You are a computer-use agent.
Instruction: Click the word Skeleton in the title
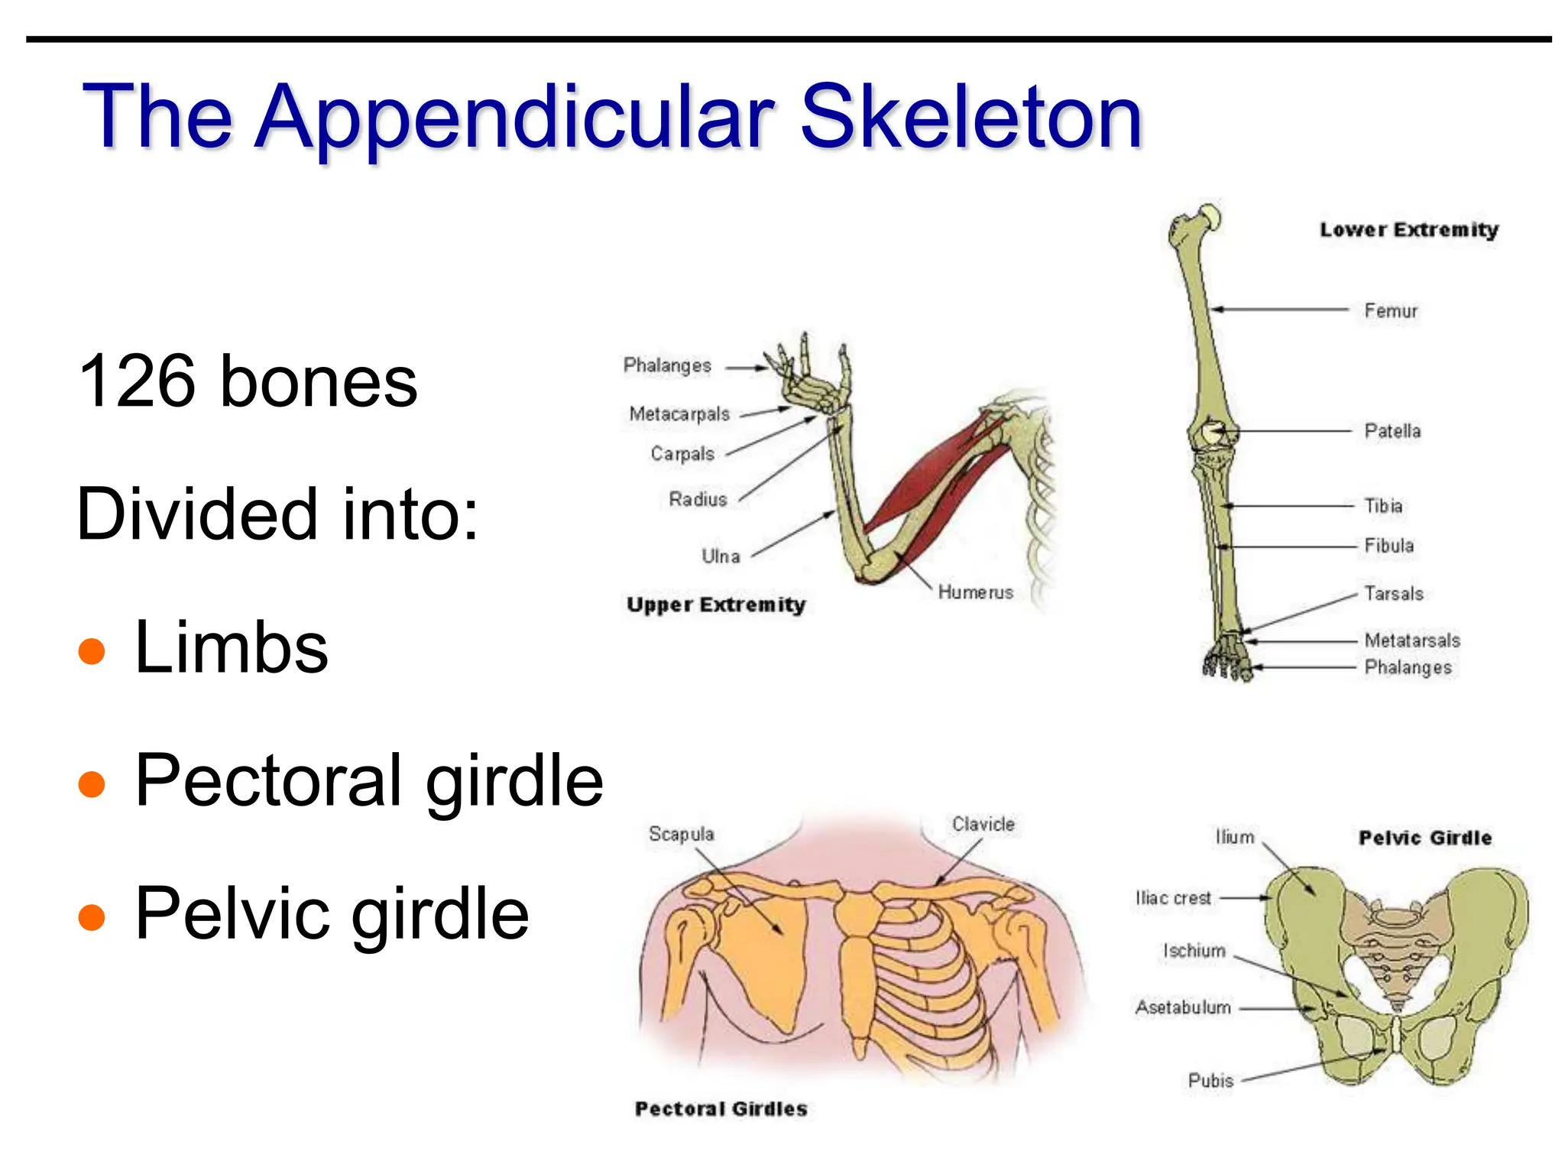[970, 118]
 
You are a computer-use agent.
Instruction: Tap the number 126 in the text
[137, 381]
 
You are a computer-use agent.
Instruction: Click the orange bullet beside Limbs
[92, 651]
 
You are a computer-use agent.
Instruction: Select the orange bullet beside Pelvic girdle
[92, 916]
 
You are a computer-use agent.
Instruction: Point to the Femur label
[1391, 311]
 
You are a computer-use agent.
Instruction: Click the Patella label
[1392, 431]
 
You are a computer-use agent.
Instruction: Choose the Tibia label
[1383, 506]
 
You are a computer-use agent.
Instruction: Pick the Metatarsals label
[1412, 641]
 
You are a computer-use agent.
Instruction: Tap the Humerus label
[975, 592]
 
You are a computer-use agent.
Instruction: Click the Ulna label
[721, 556]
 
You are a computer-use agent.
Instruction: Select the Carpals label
[682, 454]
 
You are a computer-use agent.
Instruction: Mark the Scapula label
[681, 834]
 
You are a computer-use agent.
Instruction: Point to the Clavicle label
[983, 825]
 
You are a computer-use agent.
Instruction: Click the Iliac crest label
[1173, 898]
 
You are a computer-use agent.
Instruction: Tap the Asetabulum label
[1183, 1008]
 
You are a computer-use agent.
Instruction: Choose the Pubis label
[1210, 1081]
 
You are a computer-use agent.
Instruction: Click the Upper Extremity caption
[716, 605]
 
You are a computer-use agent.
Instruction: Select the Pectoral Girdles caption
[721, 1109]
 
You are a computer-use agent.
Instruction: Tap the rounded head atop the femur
[1210, 216]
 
